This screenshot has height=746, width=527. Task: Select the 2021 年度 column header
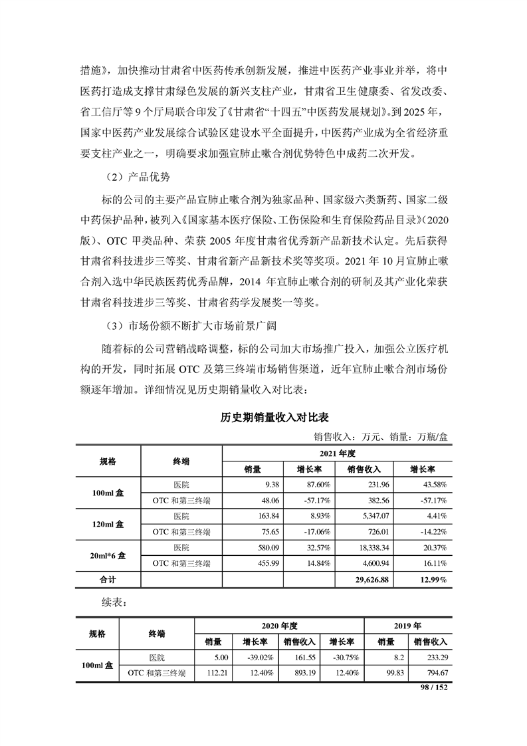click(337, 453)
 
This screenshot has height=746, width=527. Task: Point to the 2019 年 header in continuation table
click(408, 626)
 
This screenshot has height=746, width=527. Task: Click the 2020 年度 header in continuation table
click(278, 626)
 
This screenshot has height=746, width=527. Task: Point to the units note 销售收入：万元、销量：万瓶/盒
click(381, 437)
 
